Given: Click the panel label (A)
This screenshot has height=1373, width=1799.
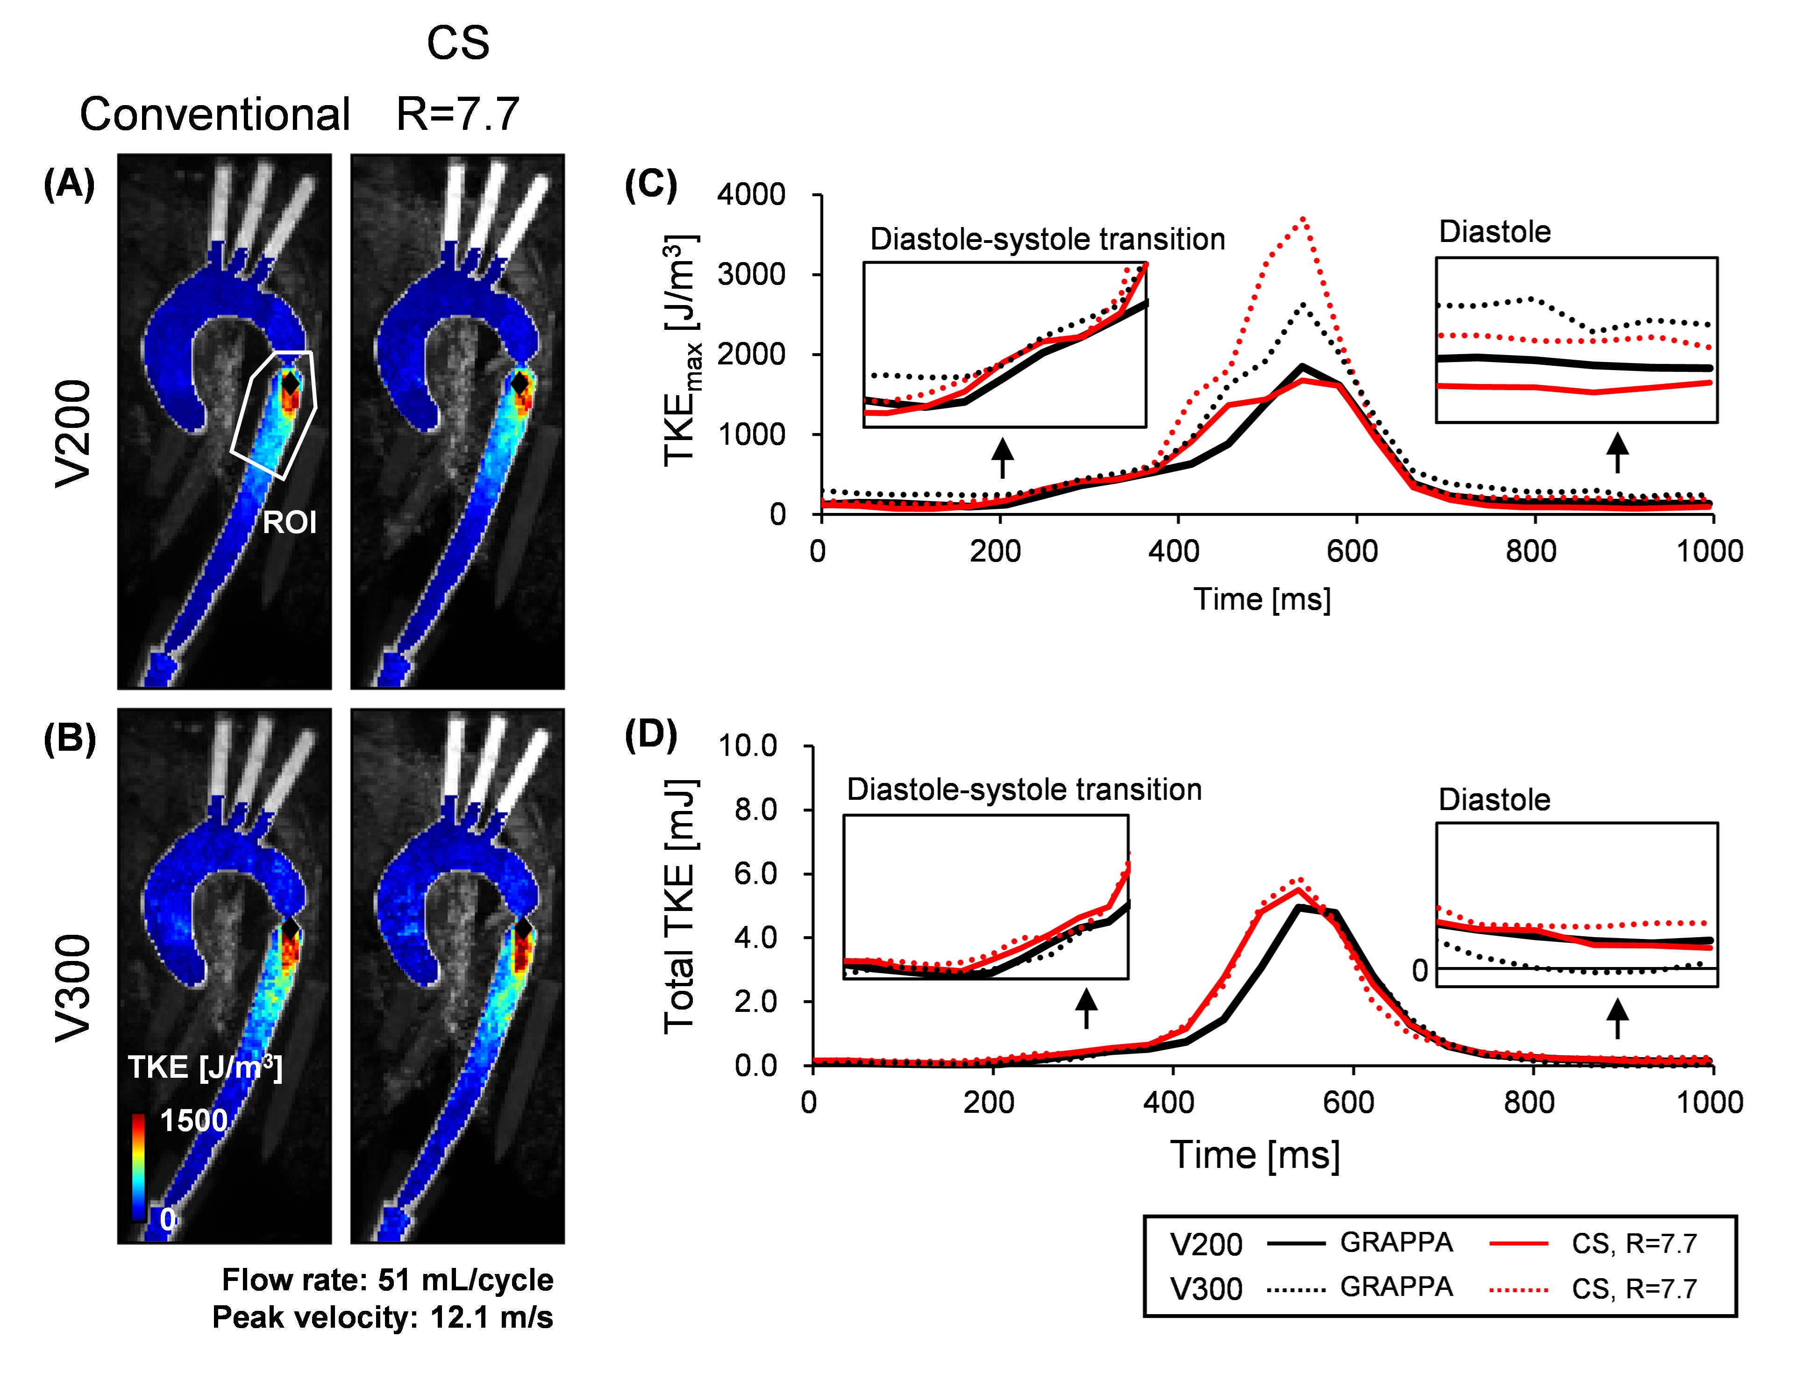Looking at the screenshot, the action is [70, 184].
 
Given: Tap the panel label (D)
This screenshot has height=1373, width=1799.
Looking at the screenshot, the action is [651, 735].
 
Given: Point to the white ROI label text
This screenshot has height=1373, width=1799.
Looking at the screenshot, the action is [289, 522].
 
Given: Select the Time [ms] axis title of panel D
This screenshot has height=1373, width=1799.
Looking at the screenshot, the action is [1255, 1155].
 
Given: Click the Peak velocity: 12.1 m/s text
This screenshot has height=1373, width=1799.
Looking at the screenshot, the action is [383, 1317].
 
